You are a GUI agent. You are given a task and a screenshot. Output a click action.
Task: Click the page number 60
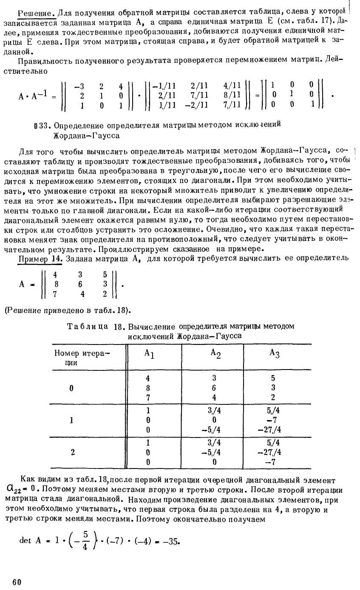[17, 582]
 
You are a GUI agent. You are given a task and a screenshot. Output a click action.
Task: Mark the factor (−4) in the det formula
[145, 541]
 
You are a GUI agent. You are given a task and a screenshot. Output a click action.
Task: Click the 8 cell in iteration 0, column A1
[148, 387]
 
